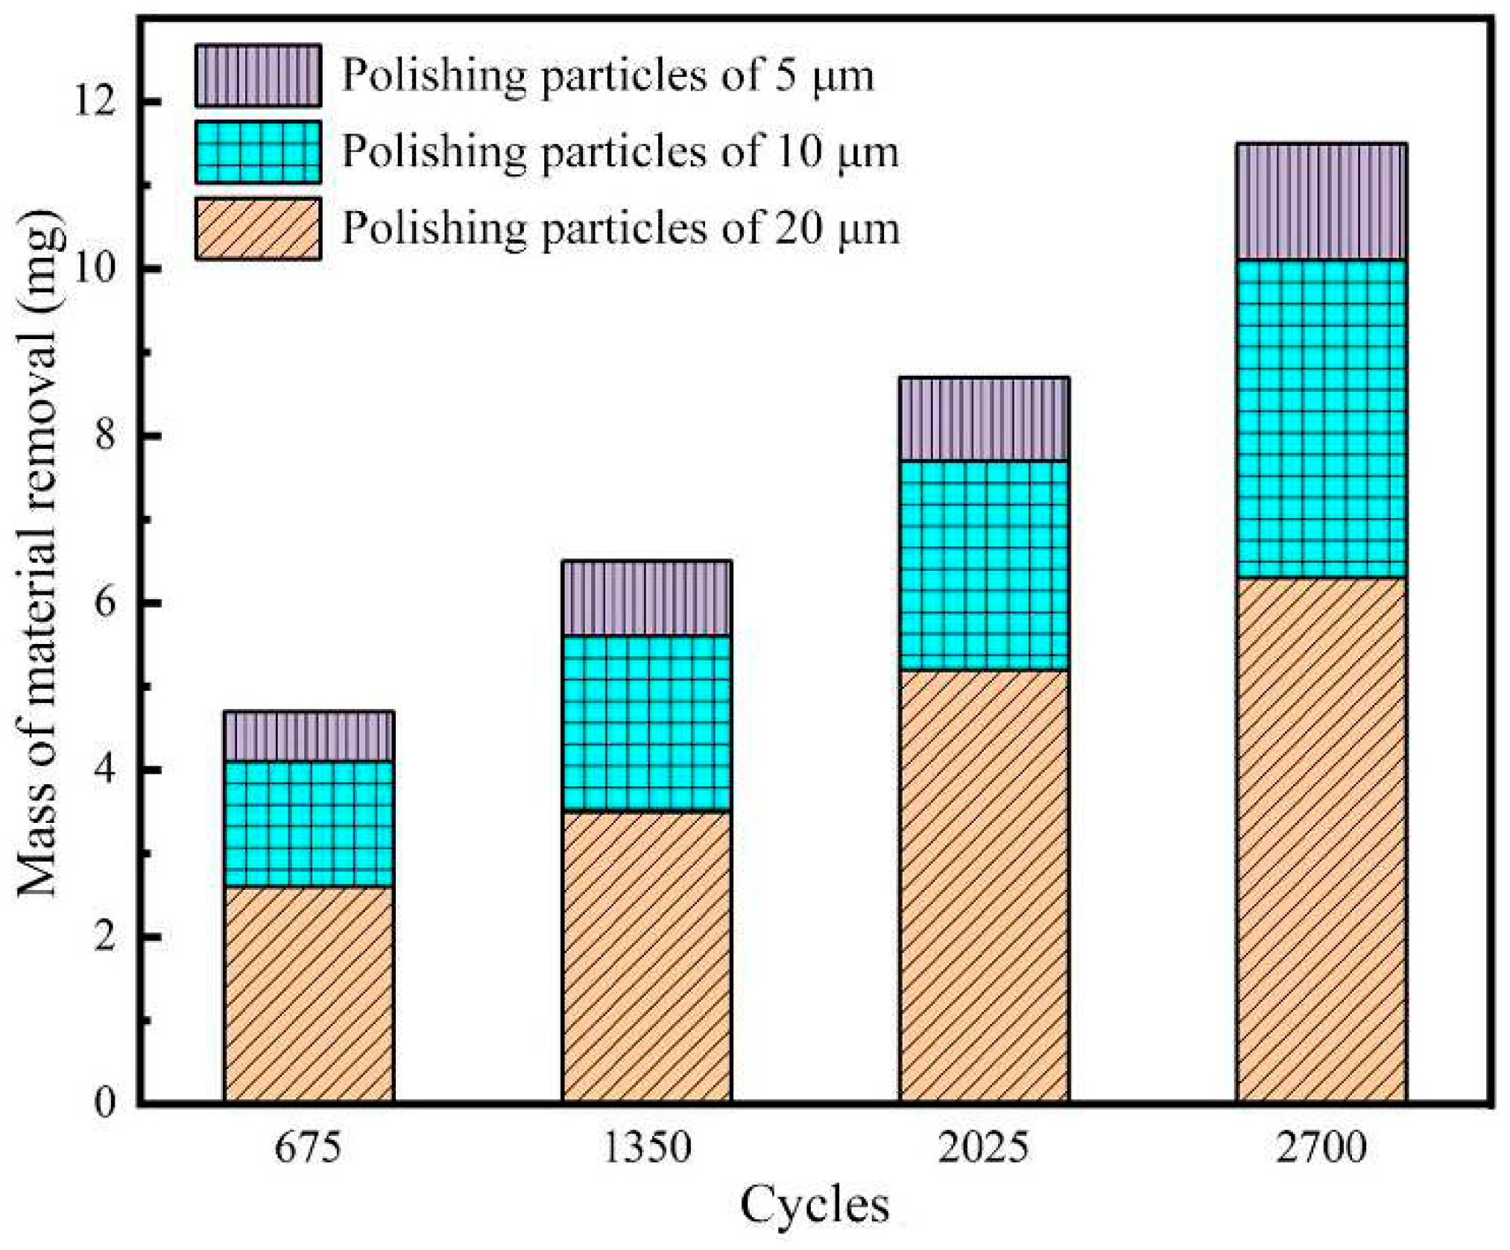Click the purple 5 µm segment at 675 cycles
pyautogui.click(x=309, y=736)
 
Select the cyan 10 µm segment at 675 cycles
pyautogui.click(x=309, y=823)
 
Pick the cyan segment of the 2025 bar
pyautogui.click(x=984, y=565)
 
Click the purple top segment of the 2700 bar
pyautogui.click(x=1321, y=201)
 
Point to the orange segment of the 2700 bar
pyautogui.click(x=1321, y=839)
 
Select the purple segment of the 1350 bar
pyautogui.click(x=646, y=598)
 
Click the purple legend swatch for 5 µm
pyautogui.click(x=258, y=75)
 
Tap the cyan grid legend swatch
pyautogui.click(x=258, y=152)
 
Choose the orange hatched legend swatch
pyautogui.click(x=258, y=228)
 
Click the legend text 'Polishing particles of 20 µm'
pyautogui.click(x=620, y=228)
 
